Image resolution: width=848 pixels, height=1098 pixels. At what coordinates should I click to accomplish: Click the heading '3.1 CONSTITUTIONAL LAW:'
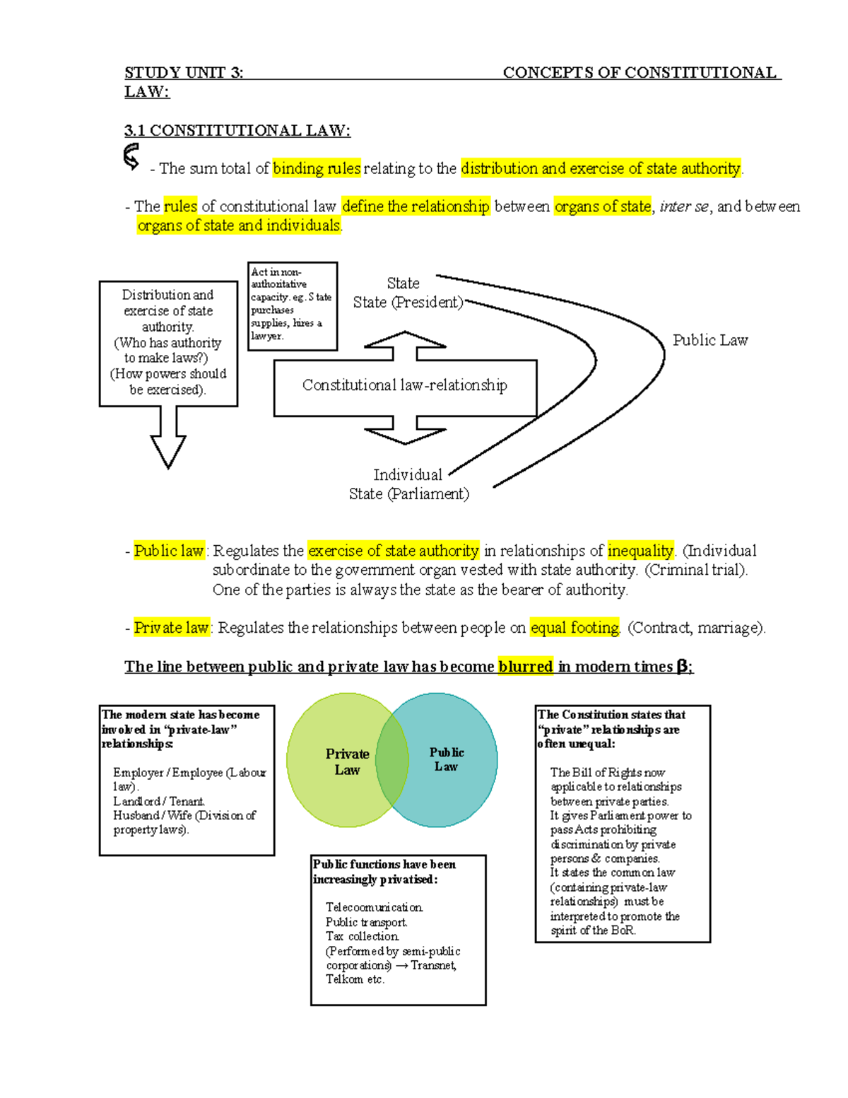coord(237,131)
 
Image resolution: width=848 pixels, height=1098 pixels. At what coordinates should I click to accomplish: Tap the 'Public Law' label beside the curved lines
coord(709,341)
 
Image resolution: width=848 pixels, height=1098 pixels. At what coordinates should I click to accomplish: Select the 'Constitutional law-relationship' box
coord(405,386)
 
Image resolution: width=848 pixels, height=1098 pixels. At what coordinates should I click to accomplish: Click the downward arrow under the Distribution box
coord(168,442)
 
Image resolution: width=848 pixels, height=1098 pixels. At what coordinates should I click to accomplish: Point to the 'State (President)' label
coord(408,303)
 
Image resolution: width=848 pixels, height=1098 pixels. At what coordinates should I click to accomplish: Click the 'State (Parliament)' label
coord(408,494)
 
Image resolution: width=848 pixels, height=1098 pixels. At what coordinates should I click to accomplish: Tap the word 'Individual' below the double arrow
coord(408,475)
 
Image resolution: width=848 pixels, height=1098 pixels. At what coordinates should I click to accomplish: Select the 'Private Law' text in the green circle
coord(347,762)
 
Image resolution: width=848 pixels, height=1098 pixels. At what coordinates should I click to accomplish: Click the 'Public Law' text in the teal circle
coord(447,759)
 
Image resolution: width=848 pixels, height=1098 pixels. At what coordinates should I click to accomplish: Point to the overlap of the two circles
coord(392,760)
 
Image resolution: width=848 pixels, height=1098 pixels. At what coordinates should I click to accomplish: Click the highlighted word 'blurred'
coord(525,667)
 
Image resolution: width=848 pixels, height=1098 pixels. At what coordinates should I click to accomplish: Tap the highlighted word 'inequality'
coord(640,551)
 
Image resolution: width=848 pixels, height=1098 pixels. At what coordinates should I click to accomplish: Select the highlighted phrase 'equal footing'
coord(575,628)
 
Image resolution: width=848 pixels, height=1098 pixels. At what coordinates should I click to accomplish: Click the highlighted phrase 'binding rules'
coord(317,168)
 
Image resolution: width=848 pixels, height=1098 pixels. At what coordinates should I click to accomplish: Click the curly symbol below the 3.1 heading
coord(131,157)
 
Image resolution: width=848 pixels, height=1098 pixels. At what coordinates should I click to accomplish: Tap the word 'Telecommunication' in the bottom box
coord(375,907)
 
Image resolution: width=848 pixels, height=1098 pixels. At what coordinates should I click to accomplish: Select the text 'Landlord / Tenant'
coord(159,801)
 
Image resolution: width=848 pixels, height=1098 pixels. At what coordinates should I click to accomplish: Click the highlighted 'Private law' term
coord(171,628)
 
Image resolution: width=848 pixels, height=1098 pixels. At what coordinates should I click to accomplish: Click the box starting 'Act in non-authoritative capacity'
coord(293,305)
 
